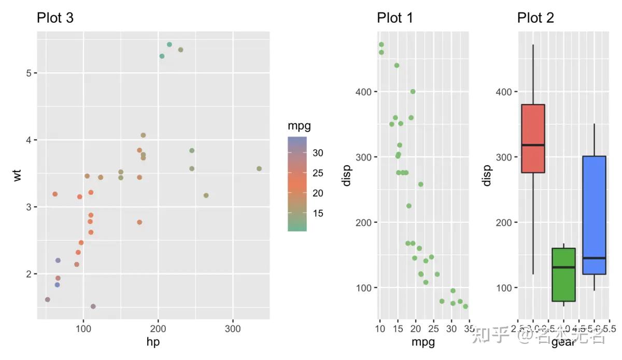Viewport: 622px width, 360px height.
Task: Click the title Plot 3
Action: coord(55,18)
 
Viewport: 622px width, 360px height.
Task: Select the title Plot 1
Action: coord(395,18)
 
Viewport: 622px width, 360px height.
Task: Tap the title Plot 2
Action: coord(535,18)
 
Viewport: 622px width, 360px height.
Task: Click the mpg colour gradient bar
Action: coord(297,184)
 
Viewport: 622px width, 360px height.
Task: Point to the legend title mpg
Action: coord(300,126)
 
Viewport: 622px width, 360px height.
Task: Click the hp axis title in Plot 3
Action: coord(153,342)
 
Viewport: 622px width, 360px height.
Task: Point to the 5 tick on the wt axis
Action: coord(28,73)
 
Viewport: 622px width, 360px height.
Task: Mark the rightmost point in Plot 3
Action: coord(259,168)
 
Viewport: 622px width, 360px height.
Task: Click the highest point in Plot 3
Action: coord(169,45)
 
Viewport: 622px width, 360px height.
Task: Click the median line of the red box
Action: coord(533,145)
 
